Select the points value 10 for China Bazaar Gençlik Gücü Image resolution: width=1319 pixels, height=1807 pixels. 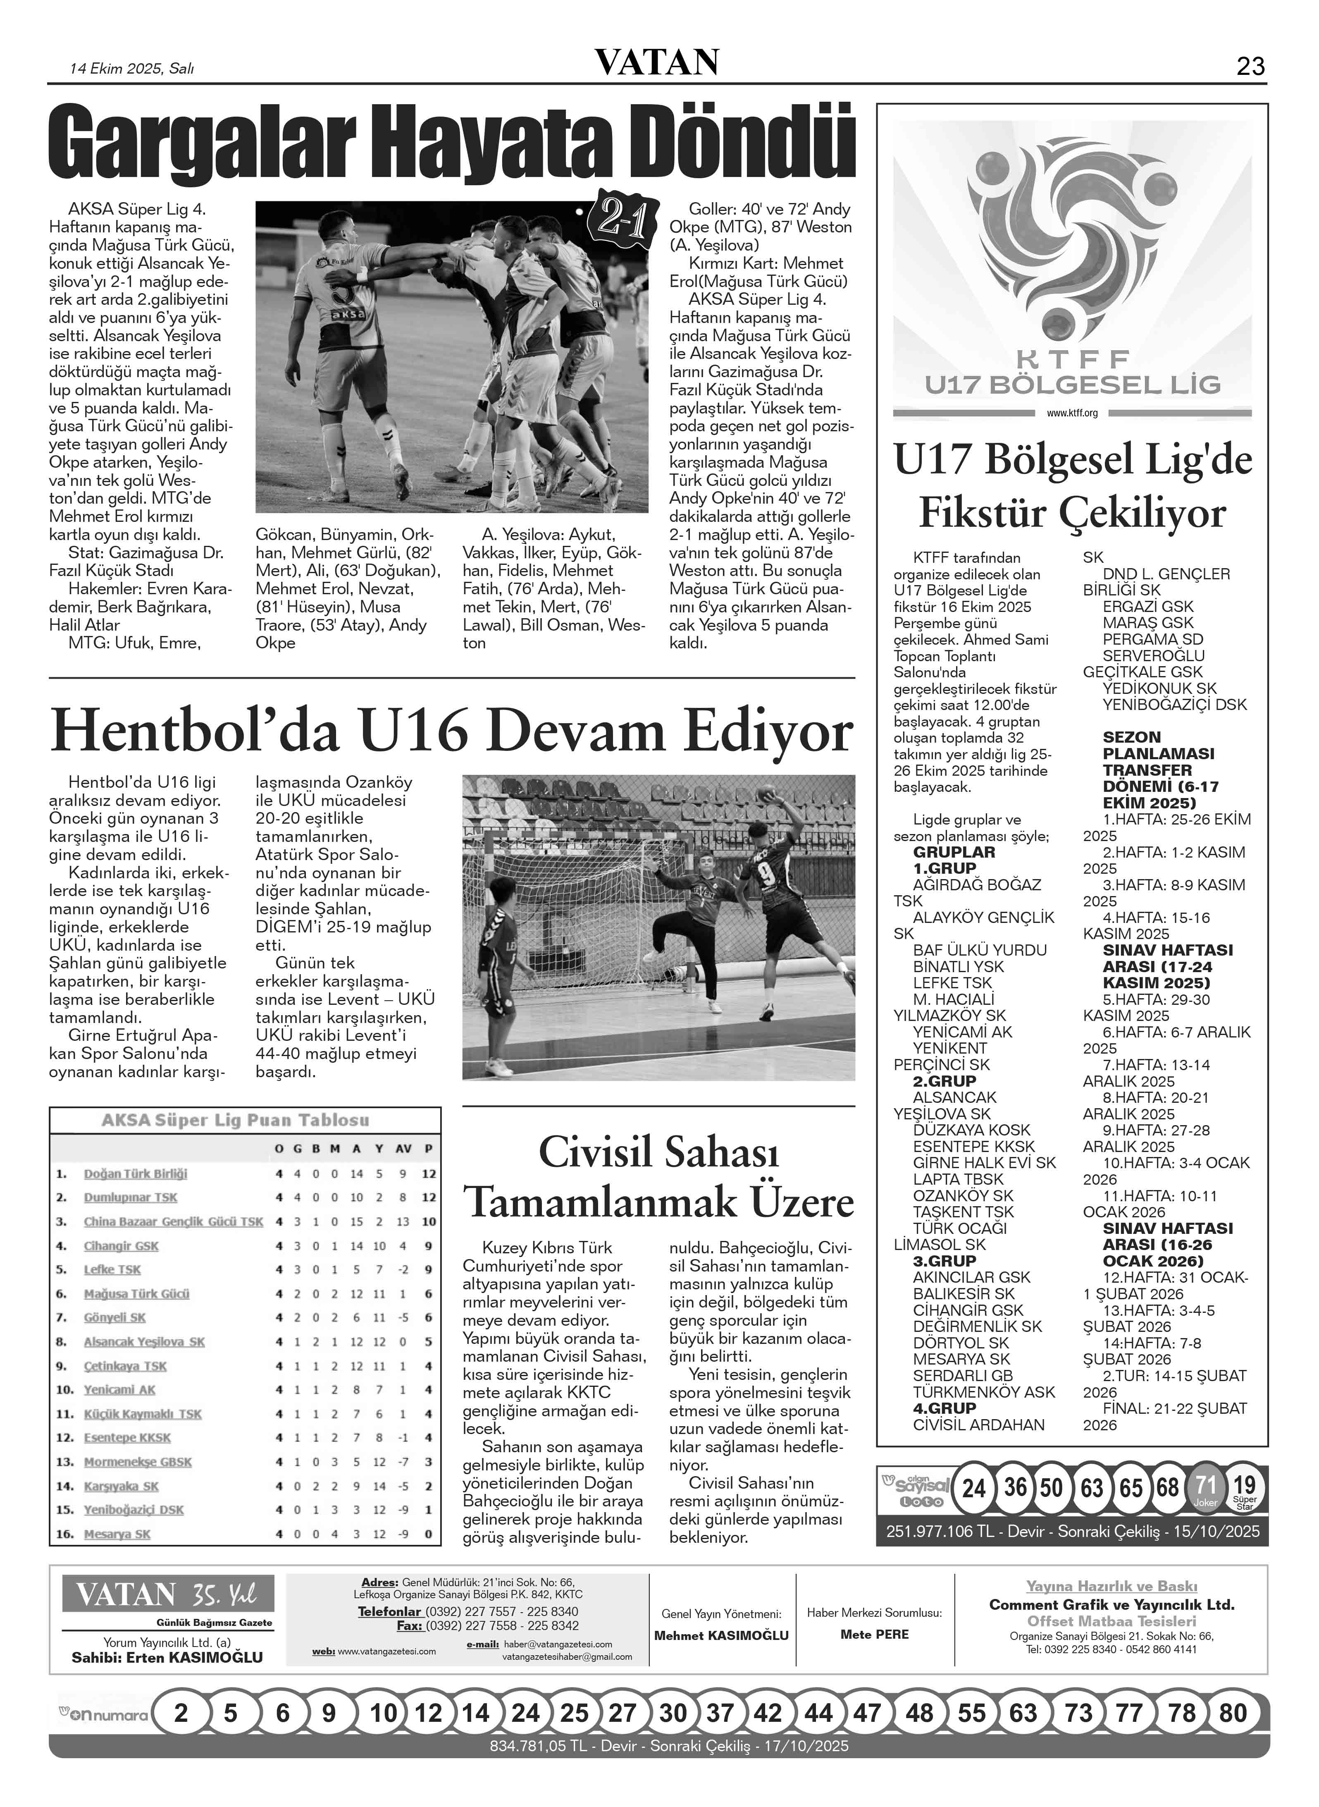coord(429,1222)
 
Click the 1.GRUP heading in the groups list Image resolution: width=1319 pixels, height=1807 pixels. coord(945,868)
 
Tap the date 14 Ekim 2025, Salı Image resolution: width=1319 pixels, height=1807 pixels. coord(132,69)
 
